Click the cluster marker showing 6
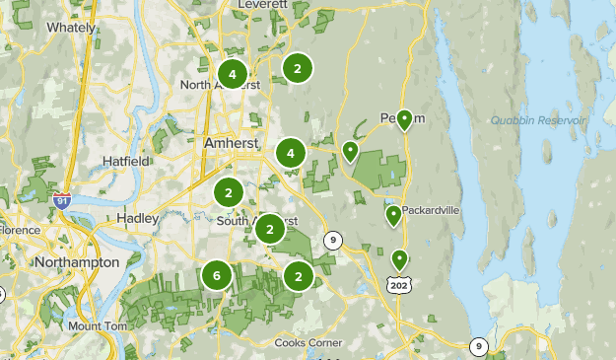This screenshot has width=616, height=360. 217,276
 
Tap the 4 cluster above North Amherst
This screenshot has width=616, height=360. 233,73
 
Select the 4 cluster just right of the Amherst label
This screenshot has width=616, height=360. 290,153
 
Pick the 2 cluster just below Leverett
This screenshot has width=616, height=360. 297,67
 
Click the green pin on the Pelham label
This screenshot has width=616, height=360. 404,119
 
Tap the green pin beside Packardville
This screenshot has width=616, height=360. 393,215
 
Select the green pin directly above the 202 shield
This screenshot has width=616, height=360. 399,259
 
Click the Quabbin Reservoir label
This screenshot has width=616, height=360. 538,120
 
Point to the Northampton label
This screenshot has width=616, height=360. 76,262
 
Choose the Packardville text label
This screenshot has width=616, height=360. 432,209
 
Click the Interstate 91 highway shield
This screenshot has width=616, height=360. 63,200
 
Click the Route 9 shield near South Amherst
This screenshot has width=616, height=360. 333,239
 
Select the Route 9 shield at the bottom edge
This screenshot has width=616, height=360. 478,345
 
